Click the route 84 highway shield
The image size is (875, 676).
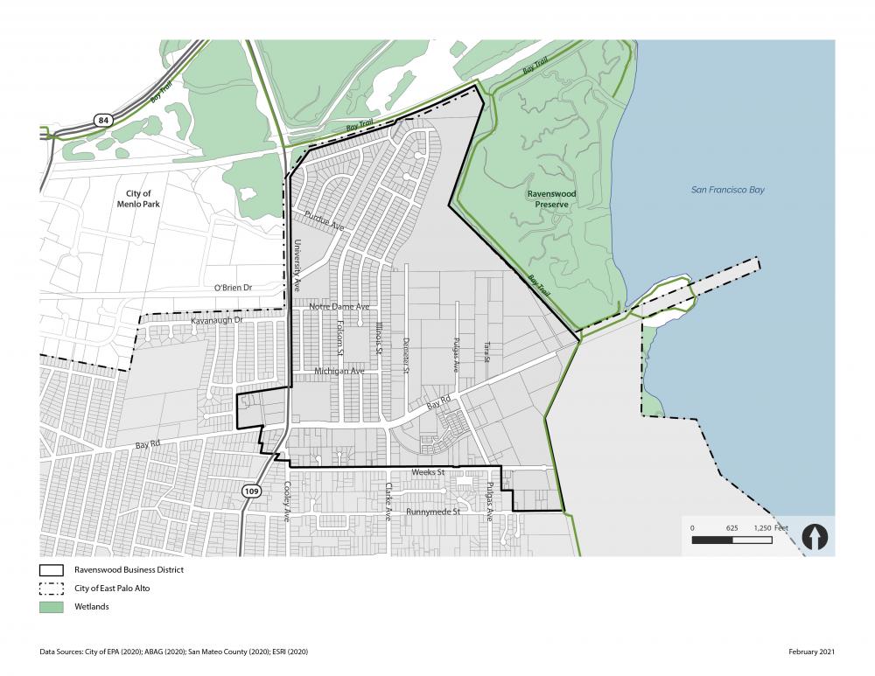point(102,119)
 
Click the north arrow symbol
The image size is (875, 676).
point(815,536)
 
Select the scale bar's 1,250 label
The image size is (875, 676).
point(763,528)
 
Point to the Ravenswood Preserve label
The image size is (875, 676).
point(551,199)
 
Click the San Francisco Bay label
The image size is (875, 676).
point(728,189)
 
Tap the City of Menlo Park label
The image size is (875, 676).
point(133,199)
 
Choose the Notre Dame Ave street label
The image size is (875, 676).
point(339,307)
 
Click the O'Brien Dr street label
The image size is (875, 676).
point(233,288)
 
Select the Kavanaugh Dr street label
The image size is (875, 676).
point(216,322)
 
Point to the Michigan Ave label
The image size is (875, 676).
point(339,372)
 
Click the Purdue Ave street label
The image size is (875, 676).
point(325,222)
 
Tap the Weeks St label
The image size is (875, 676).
point(429,472)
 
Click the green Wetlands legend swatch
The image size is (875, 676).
point(52,607)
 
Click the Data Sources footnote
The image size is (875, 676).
point(174,652)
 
